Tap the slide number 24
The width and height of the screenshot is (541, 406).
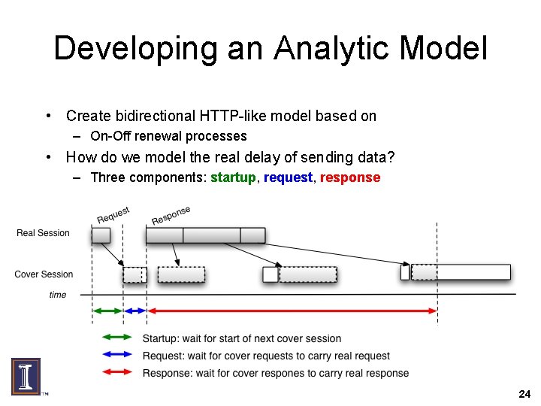pos(524,394)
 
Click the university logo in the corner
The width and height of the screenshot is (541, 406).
pos(26,376)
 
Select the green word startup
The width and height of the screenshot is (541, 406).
pos(233,177)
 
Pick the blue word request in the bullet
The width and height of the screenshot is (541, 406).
pos(288,177)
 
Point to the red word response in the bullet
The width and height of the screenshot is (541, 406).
pos(350,177)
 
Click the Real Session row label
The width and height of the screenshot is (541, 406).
pos(43,233)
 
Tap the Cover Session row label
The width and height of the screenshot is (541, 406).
pos(44,274)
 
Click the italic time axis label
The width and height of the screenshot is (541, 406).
pos(57,295)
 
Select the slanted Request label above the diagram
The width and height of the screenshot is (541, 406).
pos(113,214)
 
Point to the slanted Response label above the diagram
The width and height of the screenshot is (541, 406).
pos(171,215)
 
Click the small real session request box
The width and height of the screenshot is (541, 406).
pos(101,235)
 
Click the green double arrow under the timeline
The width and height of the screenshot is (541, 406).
pos(107,311)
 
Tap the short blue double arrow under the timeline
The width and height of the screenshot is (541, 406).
pos(135,311)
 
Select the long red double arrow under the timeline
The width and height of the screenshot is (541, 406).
pos(292,311)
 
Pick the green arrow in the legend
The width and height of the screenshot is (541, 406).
pos(116,338)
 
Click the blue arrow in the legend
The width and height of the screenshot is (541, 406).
pos(116,355)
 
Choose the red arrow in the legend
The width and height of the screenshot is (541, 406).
pos(116,372)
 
